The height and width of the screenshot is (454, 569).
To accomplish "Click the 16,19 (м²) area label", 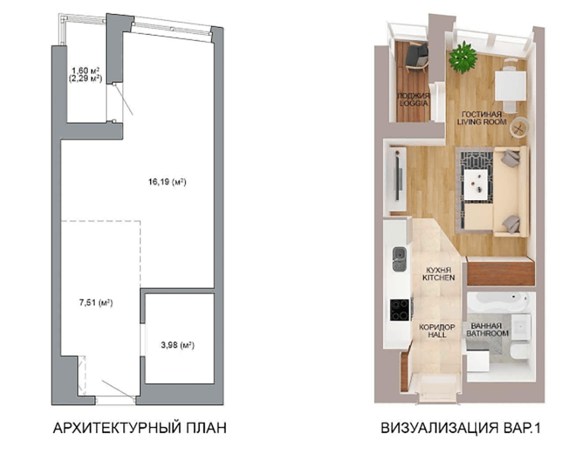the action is tap(167, 182).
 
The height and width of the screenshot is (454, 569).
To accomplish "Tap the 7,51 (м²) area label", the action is tap(96, 303).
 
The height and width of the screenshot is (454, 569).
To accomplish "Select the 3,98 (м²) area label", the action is tap(178, 344).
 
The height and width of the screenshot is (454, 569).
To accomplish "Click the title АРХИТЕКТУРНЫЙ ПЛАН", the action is tap(140, 428).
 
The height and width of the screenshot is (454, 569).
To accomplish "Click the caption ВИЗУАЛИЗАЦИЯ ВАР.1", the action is tap(460, 428).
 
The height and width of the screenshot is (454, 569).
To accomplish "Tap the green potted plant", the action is tap(463, 58).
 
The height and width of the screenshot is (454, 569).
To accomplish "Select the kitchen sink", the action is tap(399, 259).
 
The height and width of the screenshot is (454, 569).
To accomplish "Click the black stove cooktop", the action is tap(400, 310).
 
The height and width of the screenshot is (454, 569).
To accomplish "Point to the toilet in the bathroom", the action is tap(520, 353).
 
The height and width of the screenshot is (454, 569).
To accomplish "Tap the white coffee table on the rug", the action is tap(476, 185).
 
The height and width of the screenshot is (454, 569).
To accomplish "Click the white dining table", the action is tap(511, 85).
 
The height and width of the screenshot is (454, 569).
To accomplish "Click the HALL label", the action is tap(437, 335).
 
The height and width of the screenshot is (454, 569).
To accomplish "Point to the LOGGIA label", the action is tap(413, 104).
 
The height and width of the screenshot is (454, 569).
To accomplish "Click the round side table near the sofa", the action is tap(519, 127).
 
